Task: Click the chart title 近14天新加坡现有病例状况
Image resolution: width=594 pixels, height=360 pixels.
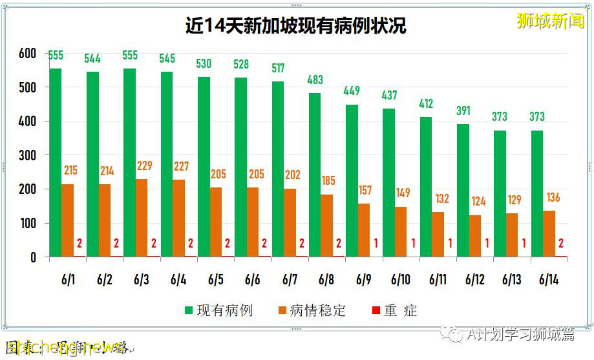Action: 296,25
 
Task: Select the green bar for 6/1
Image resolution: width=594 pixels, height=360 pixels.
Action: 56,162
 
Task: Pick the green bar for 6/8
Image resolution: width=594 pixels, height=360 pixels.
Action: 315,175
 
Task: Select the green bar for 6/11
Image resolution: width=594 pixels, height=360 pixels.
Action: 426,187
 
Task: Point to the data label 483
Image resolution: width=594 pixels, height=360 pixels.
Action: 315,80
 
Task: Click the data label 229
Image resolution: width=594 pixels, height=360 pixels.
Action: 145,166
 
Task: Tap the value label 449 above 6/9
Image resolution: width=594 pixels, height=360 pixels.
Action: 352,91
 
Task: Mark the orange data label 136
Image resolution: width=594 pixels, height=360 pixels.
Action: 553,198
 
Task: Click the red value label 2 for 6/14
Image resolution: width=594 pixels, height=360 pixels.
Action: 562,244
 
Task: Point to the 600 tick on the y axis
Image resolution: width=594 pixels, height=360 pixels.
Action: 27,54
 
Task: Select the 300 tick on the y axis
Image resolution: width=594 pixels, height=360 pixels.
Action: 27,156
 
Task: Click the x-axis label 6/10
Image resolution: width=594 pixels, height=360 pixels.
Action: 401,280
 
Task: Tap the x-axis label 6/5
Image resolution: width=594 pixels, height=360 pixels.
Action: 216,280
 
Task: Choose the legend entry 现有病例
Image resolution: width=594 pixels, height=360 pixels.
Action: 218,310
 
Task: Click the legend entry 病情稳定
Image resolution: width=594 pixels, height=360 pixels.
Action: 311,310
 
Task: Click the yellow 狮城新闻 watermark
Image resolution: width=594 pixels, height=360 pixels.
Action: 550,21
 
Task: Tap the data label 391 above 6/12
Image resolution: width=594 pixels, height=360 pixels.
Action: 463,111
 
